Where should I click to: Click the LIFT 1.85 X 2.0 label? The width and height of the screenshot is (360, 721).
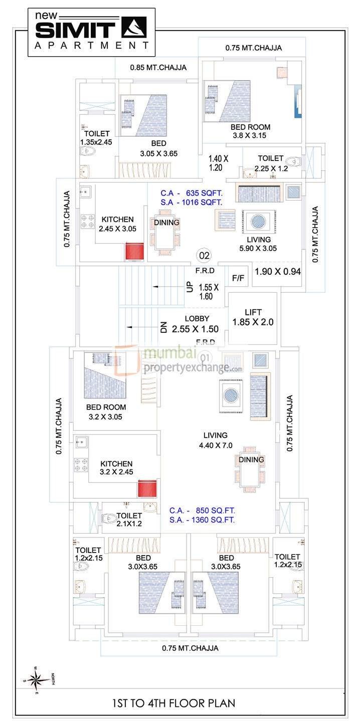[x=253, y=317]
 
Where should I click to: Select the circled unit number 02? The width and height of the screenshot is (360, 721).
[x=205, y=256]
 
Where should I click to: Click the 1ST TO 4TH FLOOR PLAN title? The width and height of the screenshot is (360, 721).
[x=180, y=703]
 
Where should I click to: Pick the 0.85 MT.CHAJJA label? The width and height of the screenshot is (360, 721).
[x=158, y=67]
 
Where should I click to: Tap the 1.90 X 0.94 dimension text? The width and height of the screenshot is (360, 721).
[x=278, y=272]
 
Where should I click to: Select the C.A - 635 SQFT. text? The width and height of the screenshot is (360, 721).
[x=191, y=193]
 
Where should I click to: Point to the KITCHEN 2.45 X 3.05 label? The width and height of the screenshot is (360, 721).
[x=118, y=224]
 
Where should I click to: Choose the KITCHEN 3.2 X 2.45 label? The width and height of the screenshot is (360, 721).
[x=116, y=468]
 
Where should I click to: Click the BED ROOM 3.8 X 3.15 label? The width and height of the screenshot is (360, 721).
[x=251, y=131]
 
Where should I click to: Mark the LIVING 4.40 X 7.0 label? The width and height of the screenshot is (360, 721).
[x=215, y=440]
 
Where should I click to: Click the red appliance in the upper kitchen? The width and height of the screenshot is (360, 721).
[x=134, y=251]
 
